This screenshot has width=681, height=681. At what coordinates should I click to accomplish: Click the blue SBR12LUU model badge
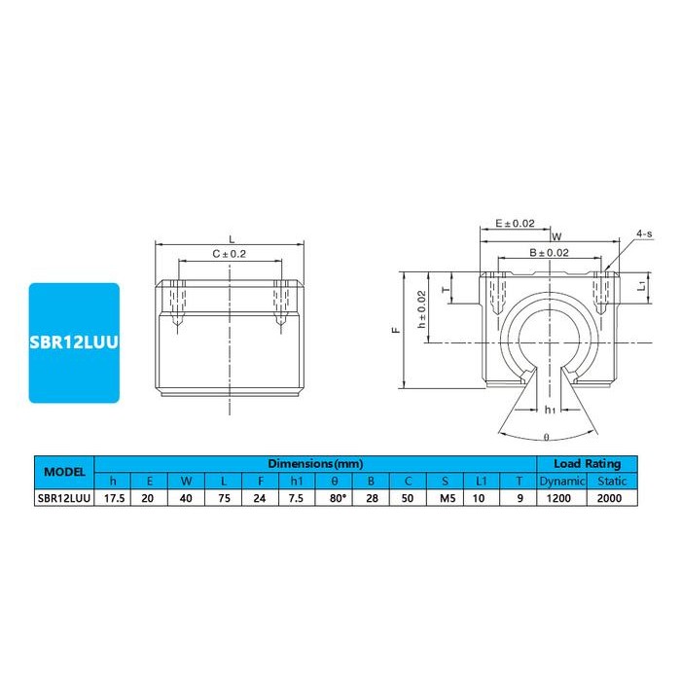coord(74,342)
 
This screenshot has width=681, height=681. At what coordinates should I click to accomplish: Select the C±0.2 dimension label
coord(229,253)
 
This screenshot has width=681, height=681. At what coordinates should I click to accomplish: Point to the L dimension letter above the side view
coord(230,238)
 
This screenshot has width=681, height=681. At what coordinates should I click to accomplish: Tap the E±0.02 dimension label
coord(516,223)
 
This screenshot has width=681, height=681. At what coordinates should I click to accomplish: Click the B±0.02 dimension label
coord(549,252)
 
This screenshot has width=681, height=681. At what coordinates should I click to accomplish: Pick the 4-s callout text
coord(644,234)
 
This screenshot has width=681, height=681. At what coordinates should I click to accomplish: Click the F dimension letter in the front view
coord(396,331)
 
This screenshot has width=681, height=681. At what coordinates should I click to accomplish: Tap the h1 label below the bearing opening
coord(550,409)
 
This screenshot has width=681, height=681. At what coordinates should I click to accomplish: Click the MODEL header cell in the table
coord(64,472)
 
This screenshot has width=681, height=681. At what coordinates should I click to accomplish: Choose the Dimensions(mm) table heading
coord(315,463)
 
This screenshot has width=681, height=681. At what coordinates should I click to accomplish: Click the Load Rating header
coord(586,463)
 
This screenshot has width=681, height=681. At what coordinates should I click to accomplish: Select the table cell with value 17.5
coord(113,497)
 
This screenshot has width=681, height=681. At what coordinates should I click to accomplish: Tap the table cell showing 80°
coord(334,497)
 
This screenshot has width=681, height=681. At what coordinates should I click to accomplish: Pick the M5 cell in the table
coord(445,497)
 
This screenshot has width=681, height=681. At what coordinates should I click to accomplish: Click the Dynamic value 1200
coord(561,497)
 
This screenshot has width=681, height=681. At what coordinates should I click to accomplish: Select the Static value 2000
coord(611,497)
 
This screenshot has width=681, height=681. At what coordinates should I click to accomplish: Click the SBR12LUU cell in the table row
coord(64,497)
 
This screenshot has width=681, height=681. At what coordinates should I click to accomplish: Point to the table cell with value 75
coord(224,497)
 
